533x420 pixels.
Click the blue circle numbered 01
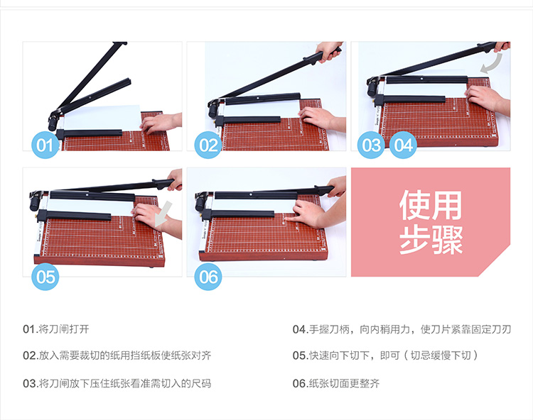(45, 145)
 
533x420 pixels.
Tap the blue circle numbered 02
(208, 145)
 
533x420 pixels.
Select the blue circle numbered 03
(371, 145)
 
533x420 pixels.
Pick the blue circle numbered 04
(403, 145)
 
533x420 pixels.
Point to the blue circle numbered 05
(45, 277)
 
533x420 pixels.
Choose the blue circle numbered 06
(208, 277)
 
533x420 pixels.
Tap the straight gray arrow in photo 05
(163, 214)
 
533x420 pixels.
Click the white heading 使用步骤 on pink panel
(431, 222)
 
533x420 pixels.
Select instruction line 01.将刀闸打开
(56, 329)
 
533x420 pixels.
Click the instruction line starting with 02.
(117, 355)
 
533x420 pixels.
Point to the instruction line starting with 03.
(117, 383)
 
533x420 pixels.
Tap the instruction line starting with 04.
(402, 329)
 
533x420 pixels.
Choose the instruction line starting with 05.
(385, 355)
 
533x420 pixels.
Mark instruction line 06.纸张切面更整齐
(336, 383)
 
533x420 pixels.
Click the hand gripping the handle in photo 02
(328, 51)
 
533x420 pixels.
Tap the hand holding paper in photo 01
(161, 123)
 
